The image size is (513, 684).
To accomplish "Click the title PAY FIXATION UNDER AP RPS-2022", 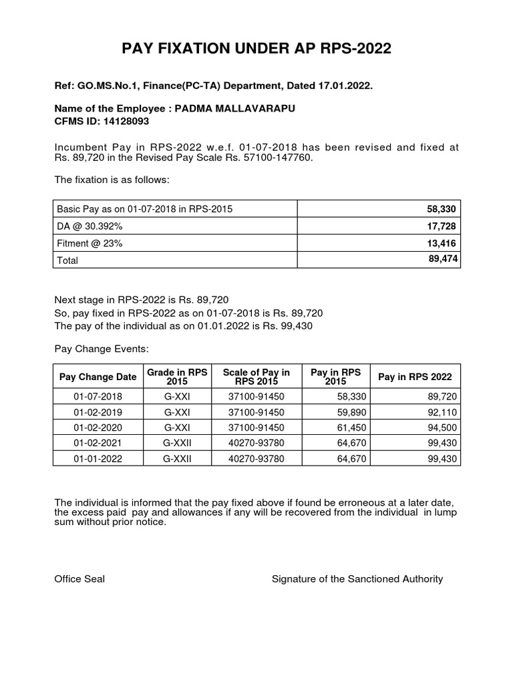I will pos(256,49).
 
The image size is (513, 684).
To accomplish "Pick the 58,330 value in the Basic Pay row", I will pos(442,210).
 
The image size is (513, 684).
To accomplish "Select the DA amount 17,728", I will pos(442,226).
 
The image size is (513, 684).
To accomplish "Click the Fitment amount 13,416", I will pos(442,243).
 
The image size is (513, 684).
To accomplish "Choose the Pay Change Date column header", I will pos(98,377).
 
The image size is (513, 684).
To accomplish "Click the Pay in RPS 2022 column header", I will pos(415,377).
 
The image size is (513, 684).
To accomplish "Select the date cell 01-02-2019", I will pos(98,412).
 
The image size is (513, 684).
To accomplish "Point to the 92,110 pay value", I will pos(442,412).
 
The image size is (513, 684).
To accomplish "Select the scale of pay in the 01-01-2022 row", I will pos(256,459).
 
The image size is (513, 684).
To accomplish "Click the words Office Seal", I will pos(79,579).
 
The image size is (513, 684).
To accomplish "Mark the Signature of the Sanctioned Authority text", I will pos(357,579).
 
